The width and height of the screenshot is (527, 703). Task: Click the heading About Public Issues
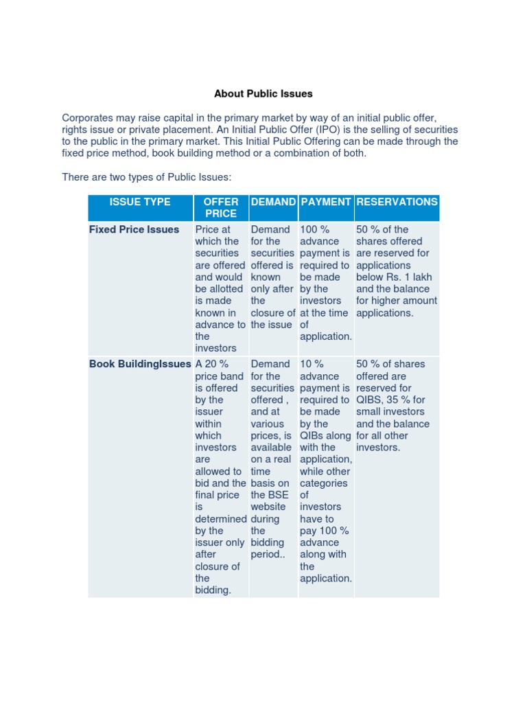[263, 93]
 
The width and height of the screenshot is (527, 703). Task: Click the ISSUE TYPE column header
[140, 202]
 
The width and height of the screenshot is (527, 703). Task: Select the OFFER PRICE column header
[221, 207]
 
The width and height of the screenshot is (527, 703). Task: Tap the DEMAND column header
[274, 202]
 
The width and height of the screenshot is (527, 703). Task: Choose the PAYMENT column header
[326, 202]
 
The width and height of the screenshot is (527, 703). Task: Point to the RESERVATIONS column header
[397, 202]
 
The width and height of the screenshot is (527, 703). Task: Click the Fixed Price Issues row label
[134, 229]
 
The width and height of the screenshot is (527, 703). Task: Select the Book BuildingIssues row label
[140, 364]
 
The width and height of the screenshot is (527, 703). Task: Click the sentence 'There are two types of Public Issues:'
[147, 177]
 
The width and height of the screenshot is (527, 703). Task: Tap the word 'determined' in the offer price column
[221, 519]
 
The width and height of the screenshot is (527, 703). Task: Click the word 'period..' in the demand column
[267, 554]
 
